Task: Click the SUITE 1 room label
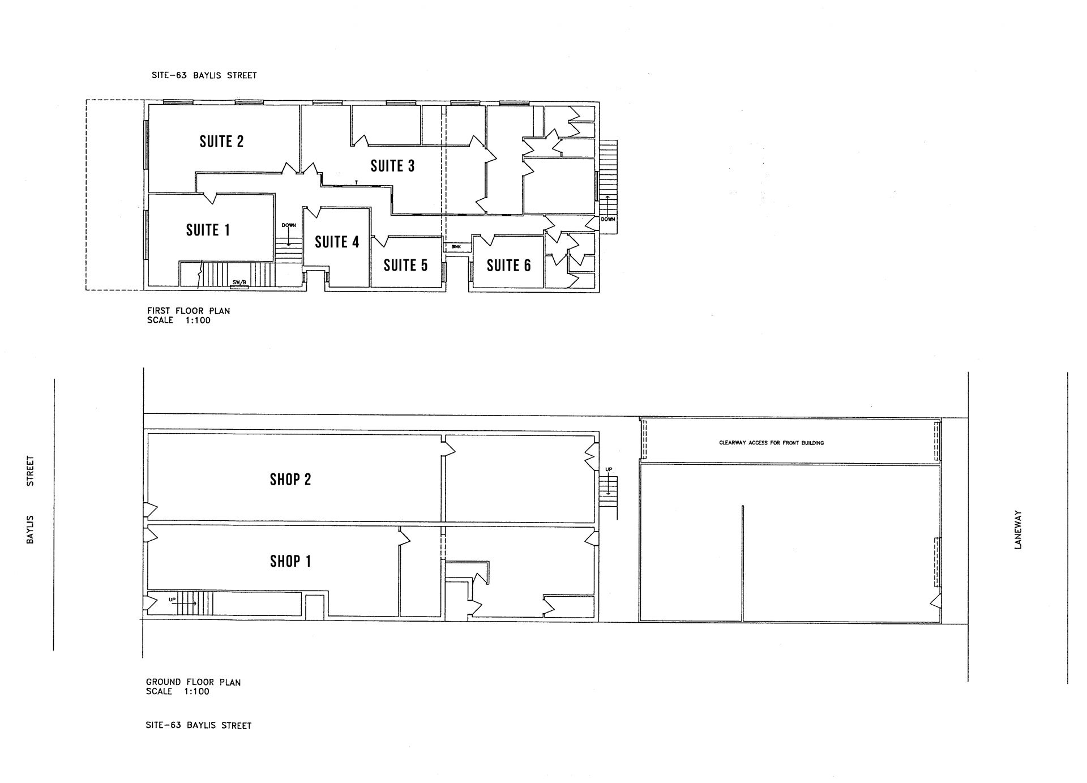click(x=208, y=230)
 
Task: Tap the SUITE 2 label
click(x=221, y=141)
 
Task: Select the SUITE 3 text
click(x=392, y=165)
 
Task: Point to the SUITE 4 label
click(x=337, y=242)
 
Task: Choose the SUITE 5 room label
click(x=405, y=265)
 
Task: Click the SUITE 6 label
click(x=508, y=265)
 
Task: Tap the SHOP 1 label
click(x=290, y=561)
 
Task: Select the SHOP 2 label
click(x=290, y=480)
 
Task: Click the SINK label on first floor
click(x=456, y=247)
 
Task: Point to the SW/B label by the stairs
click(x=239, y=283)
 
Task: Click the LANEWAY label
click(x=1018, y=529)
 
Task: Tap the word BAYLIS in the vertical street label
click(x=31, y=529)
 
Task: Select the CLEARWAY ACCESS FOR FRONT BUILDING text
click(x=771, y=443)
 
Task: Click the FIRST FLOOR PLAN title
click(x=189, y=311)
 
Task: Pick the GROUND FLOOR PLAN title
click(x=194, y=682)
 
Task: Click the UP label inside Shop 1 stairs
click(x=172, y=599)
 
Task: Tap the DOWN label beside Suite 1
click(x=289, y=225)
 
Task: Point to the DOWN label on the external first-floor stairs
click(x=608, y=219)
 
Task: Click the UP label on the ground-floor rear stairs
click(x=609, y=469)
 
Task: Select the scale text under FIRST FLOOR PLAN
click(x=178, y=320)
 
